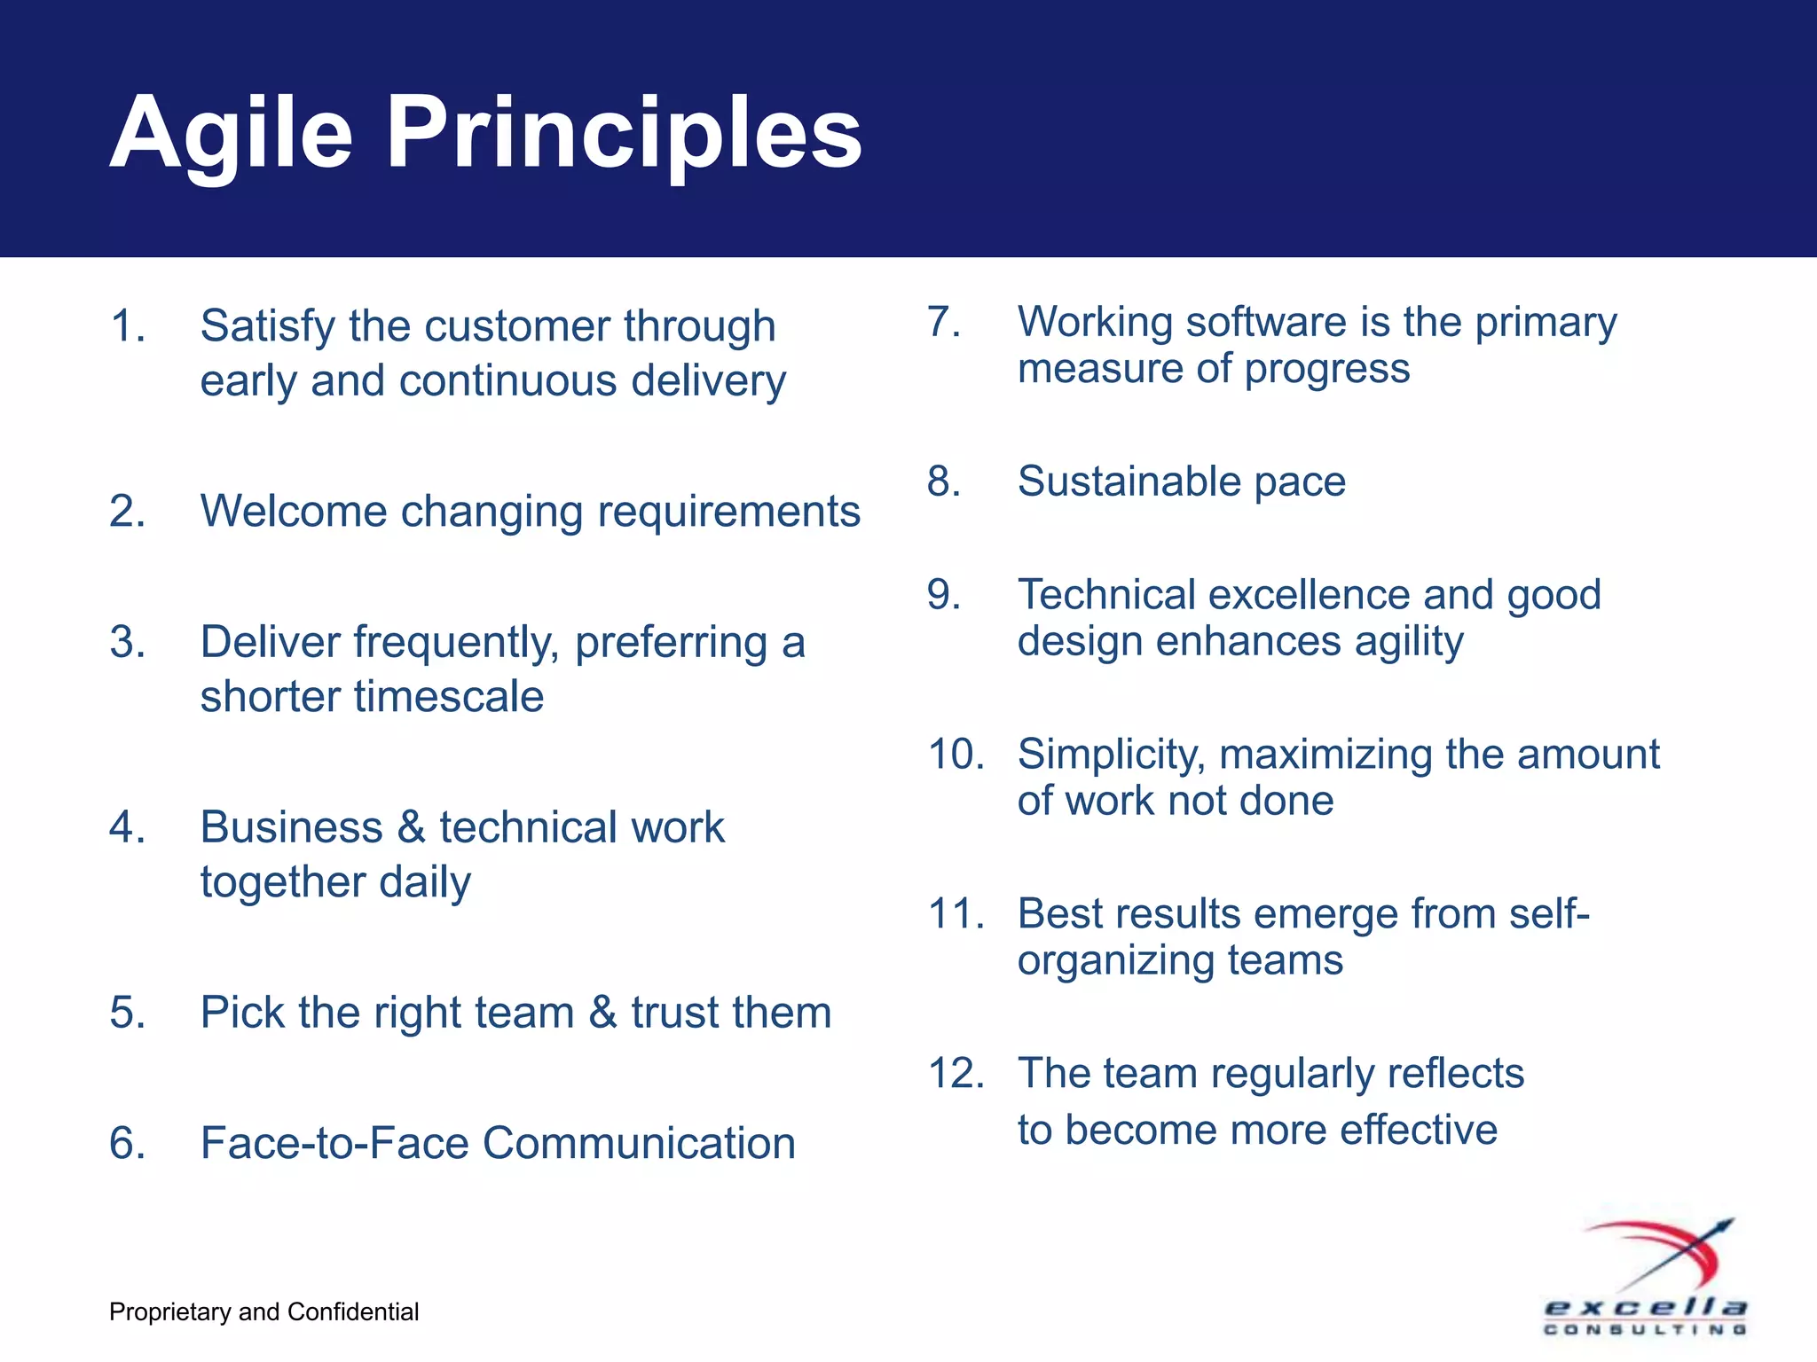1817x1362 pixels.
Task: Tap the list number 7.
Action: click(944, 321)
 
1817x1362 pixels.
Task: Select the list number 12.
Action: click(956, 1073)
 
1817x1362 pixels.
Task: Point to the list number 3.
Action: click(127, 641)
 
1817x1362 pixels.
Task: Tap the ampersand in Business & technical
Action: click(411, 827)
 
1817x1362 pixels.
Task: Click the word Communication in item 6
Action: click(639, 1143)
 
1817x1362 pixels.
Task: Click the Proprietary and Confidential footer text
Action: click(264, 1311)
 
